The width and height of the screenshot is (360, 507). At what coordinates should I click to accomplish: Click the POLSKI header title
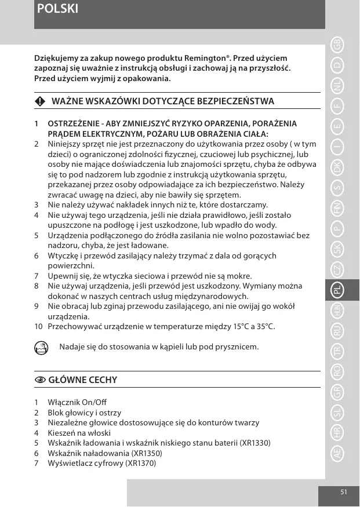pyautogui.click(x=57, y=9)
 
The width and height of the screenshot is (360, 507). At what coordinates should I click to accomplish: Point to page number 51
pyautogui.click(x=343, y=492)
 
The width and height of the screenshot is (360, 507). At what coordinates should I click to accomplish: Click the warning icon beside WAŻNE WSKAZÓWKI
pyautogui.click(x=39, y=101)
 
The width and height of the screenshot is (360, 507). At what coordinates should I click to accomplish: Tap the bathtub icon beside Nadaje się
pyautogui.click(x=40, y=348)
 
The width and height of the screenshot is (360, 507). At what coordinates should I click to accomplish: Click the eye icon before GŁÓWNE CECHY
pyautogui.click(x=39, y=380)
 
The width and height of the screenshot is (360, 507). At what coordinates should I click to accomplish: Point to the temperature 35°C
pyautogui.click(x=264, y=327)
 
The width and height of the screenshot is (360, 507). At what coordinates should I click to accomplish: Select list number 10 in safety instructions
pyautogui.click(x=38, y=327)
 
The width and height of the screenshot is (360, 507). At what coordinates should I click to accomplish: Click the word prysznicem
pyautogui.click(x=237, y=347)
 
